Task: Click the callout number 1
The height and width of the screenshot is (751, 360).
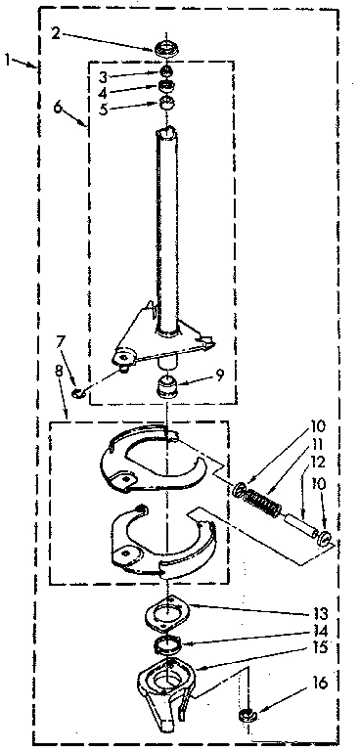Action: coord(8,61)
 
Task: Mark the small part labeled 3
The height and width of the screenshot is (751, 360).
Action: coord(167,71)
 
